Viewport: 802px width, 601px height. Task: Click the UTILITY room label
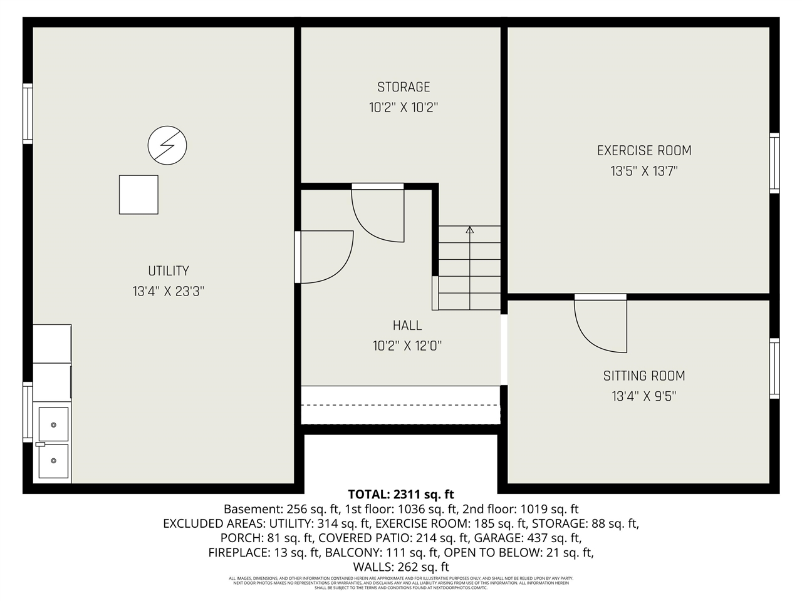click(168, 271)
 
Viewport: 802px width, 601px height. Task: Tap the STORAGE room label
click(404, 87)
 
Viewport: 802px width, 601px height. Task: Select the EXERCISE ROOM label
click(644, 150)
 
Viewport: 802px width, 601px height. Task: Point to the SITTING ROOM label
click(644, 376)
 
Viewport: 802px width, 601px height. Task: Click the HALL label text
click(407, 326)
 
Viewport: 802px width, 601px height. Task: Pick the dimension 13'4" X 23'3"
click(168, 291)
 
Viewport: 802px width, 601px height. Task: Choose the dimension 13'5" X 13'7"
click(644, 171)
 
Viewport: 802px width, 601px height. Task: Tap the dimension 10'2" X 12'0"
click(407, 346)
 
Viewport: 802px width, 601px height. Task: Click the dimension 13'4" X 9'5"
click(644, 396)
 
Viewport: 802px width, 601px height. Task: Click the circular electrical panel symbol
click(167, 145)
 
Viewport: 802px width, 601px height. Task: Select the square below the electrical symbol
click(138, 195)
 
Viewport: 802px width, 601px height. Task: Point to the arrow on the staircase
click(470, 230)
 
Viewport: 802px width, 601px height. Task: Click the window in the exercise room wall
click(774, 163)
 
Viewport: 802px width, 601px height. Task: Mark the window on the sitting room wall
click(774, 368)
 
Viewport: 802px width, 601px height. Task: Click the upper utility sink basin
click(54, 424)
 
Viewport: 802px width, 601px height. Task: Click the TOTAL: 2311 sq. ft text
click(400, 495)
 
